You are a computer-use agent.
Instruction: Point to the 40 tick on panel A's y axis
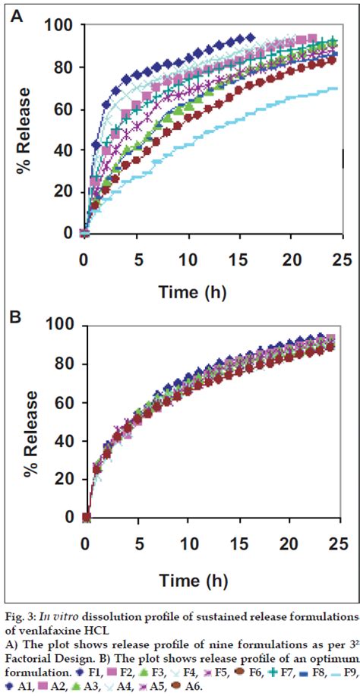pyautogui.click(x=65, y=150)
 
